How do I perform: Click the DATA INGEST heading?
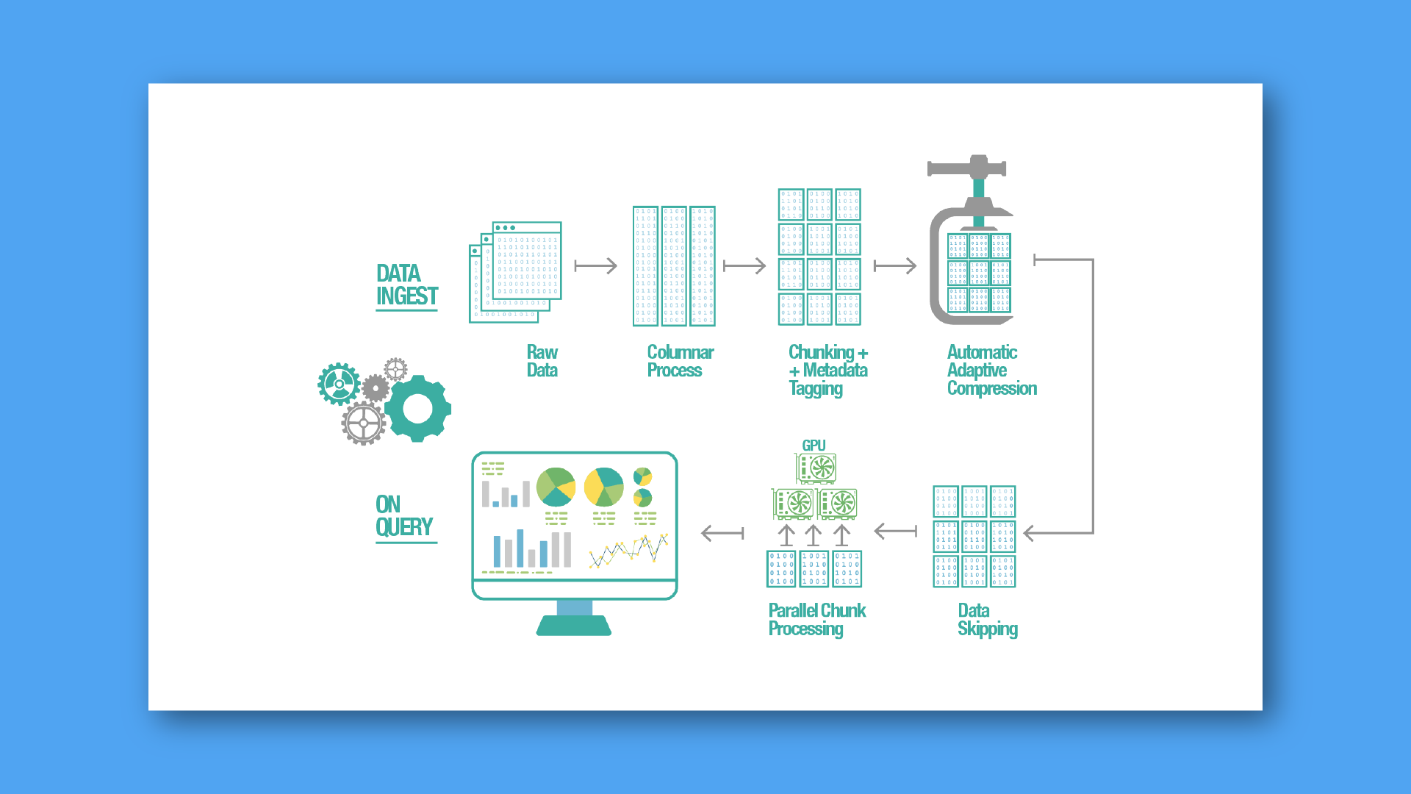406,285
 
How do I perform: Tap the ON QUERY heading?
403,516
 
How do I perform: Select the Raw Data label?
542,361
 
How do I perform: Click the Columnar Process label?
680,361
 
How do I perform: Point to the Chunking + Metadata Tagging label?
827,371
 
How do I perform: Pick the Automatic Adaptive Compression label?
991,371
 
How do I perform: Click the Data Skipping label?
987,620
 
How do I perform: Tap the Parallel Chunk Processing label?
816,620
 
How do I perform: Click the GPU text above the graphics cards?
814,446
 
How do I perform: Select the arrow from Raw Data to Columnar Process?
595,265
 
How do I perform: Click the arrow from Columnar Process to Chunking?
744,265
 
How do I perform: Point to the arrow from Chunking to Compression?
894,265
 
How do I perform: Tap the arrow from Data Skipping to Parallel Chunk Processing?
895,531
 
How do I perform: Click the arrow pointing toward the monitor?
722,533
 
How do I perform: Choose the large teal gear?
417,409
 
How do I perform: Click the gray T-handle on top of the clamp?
966,168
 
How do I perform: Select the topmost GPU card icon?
816,468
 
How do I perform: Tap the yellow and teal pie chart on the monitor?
603,487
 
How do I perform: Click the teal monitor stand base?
574,626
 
